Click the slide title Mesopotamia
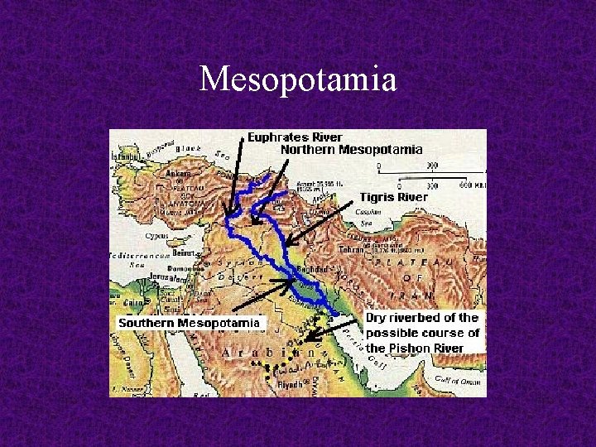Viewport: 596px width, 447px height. coord(298,80)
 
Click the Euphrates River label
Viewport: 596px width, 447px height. coord(296,137)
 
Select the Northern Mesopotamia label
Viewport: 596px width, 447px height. coord(352,150)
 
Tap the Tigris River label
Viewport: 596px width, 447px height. coord(393,197)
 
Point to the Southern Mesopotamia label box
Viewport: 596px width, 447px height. coord(189,323)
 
